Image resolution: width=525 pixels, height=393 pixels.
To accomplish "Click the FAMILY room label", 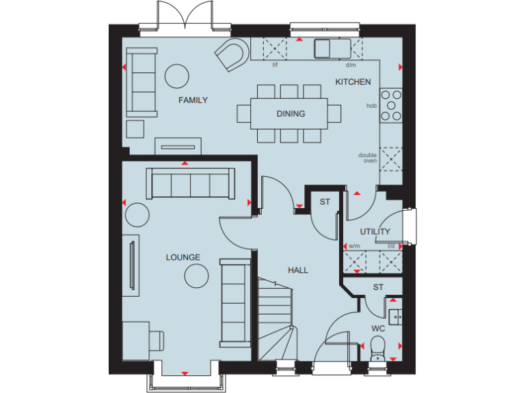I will coord(193,100).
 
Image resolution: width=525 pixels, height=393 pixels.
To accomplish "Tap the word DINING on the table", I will coord(291,114).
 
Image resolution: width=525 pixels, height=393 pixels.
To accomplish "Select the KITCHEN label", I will coord(353,82).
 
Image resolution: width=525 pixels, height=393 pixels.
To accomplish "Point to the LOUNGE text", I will coord(183,257).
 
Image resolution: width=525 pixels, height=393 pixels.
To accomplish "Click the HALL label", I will coord(298,270).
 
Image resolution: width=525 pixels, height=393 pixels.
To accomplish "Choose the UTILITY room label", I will coord(375,232).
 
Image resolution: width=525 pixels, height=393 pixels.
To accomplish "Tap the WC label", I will coord(378,328).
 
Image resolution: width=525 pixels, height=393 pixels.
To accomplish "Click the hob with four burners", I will coord(392,106).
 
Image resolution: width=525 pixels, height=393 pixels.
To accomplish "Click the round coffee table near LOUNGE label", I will coord(197,276).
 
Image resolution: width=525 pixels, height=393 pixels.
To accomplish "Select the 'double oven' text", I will coord(368,158).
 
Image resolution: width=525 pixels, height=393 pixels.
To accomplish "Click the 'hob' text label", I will coord(372,106).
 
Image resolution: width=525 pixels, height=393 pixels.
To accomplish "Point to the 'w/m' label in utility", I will coord(354,246).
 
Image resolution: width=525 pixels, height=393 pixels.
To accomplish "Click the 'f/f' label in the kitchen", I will coord(275,65).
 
